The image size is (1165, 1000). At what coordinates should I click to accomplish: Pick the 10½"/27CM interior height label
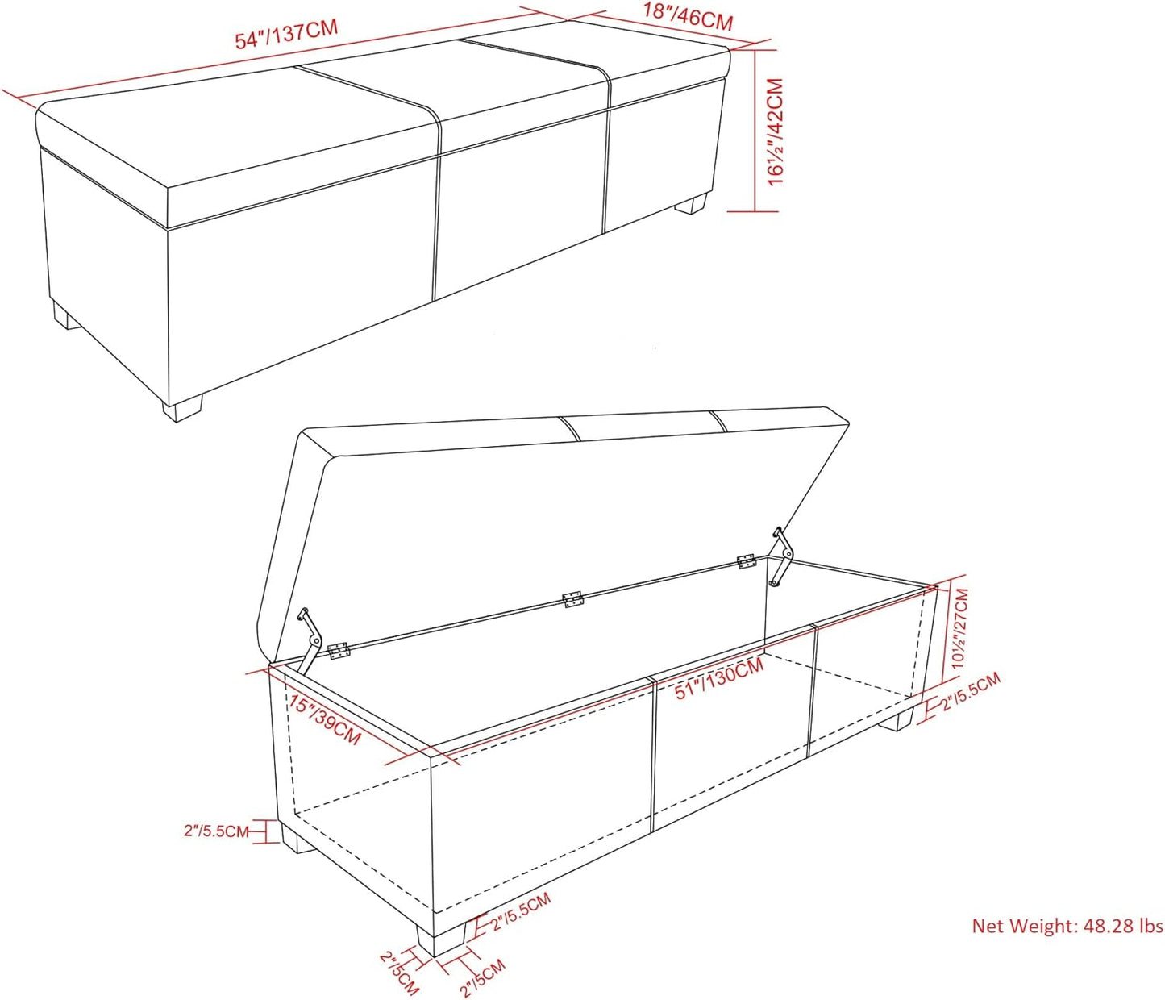[960, 628]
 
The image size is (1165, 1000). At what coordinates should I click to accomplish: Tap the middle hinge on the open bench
[572, 599]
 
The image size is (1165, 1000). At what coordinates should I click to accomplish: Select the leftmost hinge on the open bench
[339, 651]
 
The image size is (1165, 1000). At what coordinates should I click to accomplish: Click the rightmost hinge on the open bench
[746, 562]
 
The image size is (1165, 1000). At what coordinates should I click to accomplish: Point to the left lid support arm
[310, 640]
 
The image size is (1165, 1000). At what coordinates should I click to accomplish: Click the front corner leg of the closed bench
[181, 407]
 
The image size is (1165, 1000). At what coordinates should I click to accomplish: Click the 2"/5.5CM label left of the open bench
[216, 831]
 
